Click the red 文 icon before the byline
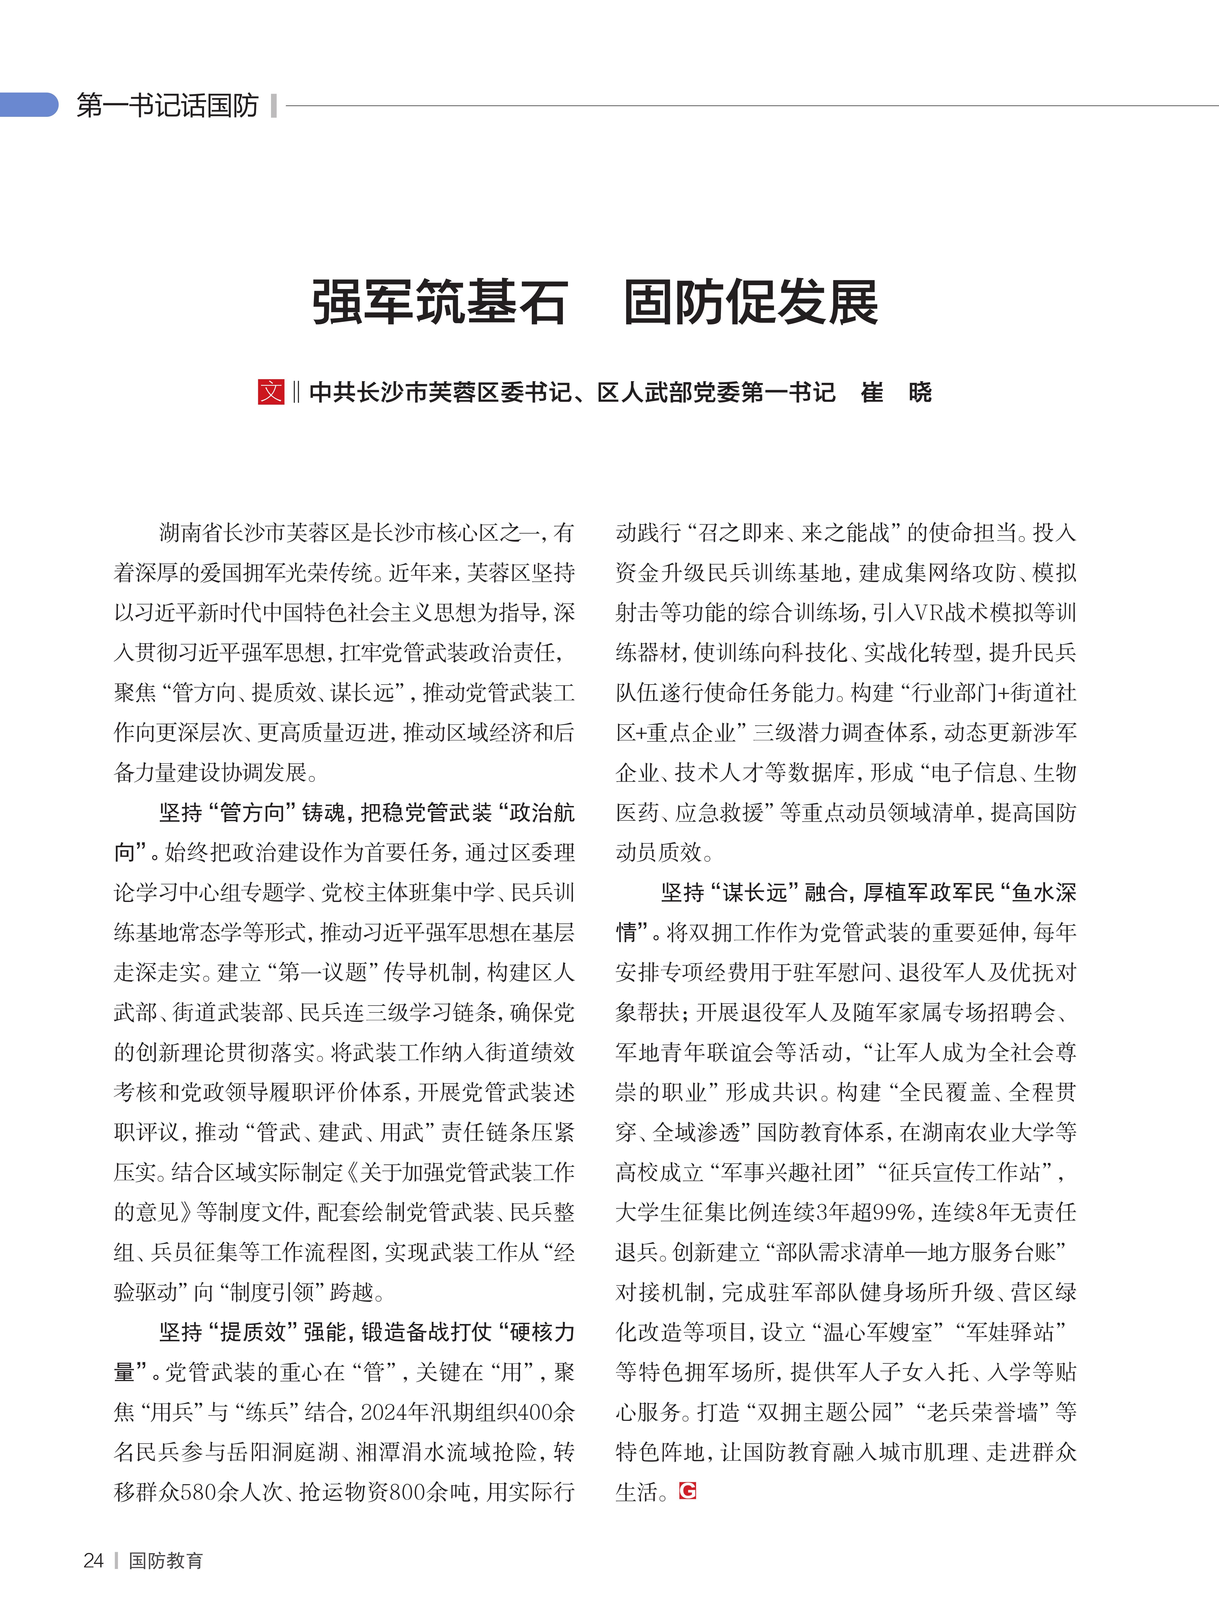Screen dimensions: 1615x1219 271,392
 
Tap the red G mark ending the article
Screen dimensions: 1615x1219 687,1491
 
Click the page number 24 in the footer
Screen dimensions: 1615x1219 94,1560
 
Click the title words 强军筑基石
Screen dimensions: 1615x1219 440,302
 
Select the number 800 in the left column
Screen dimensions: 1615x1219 408,1491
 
